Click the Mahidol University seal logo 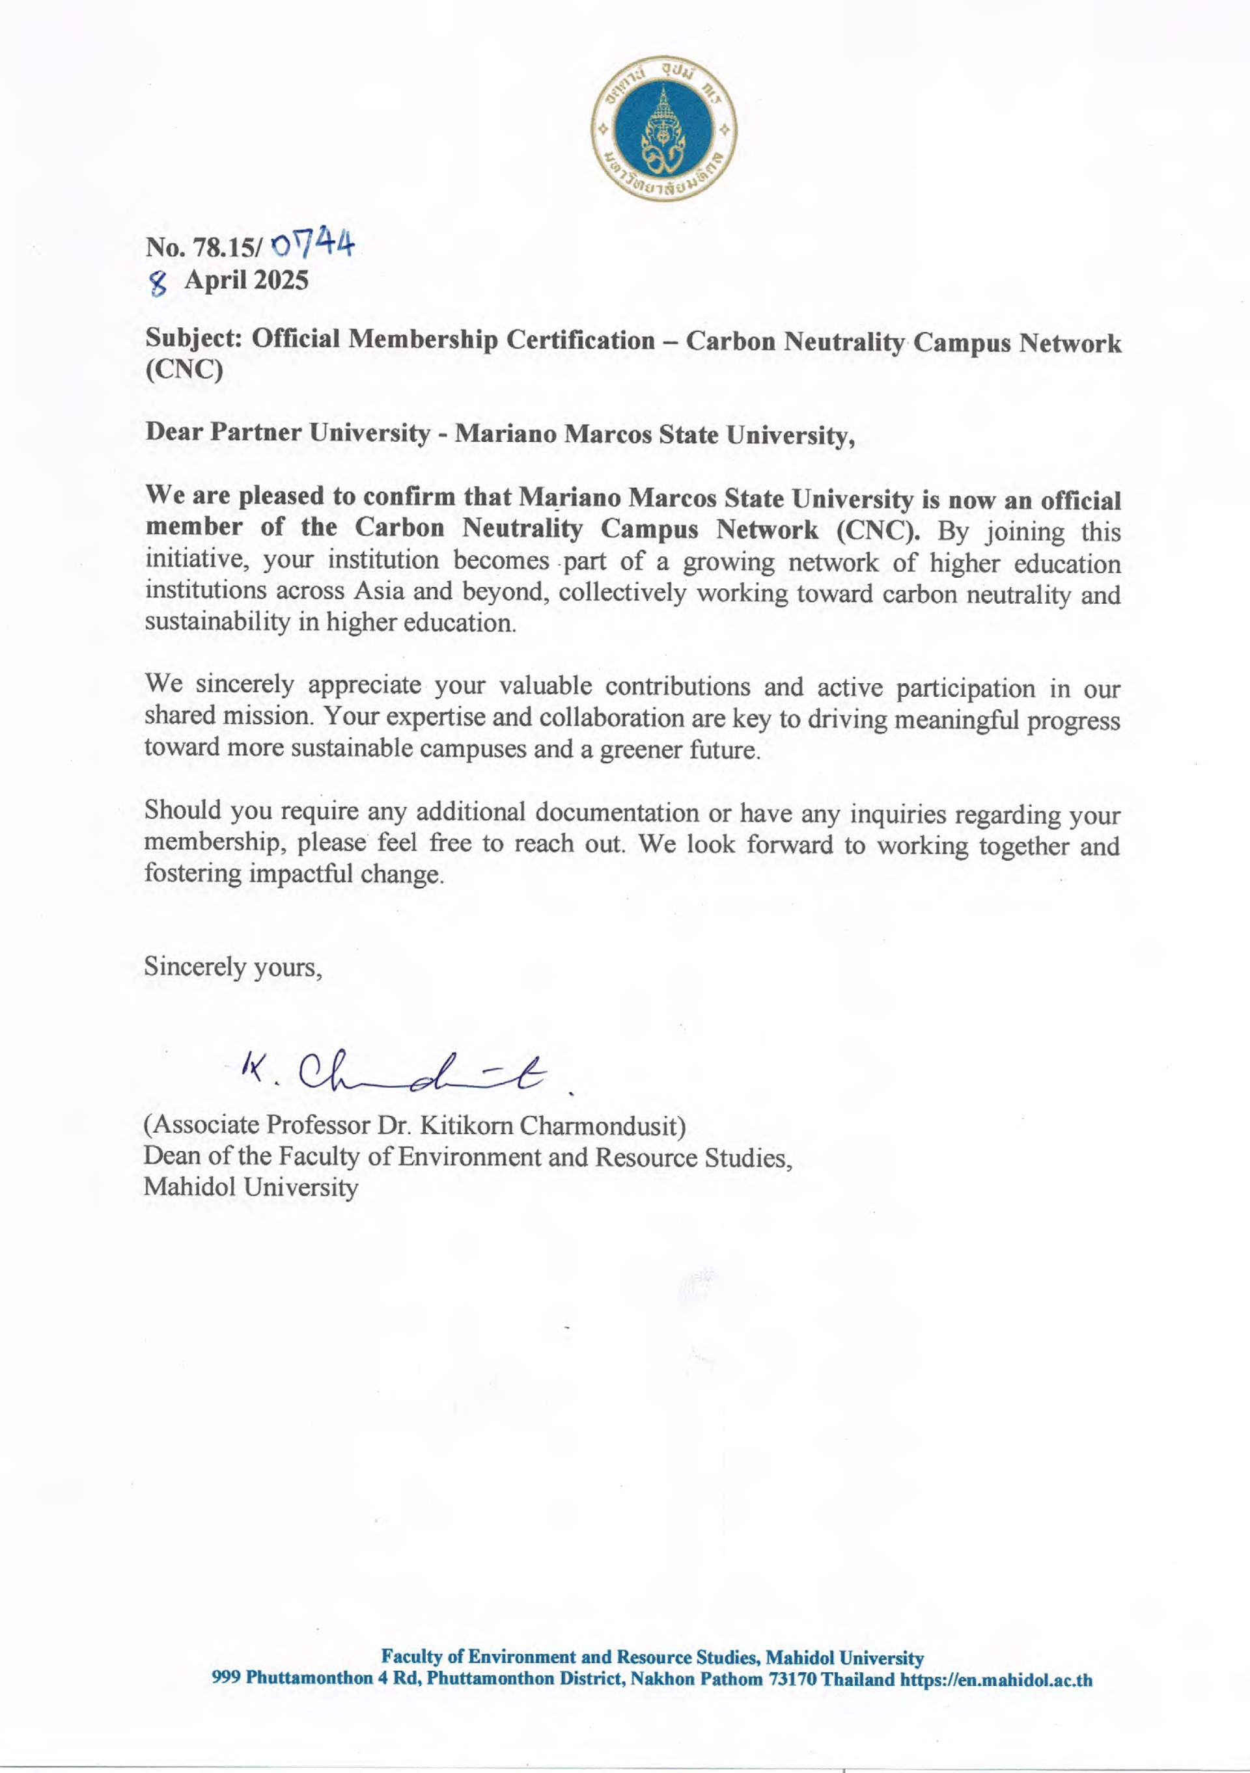[663, 129]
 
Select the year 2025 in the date [281, 280]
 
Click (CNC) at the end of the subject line [184, 371]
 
